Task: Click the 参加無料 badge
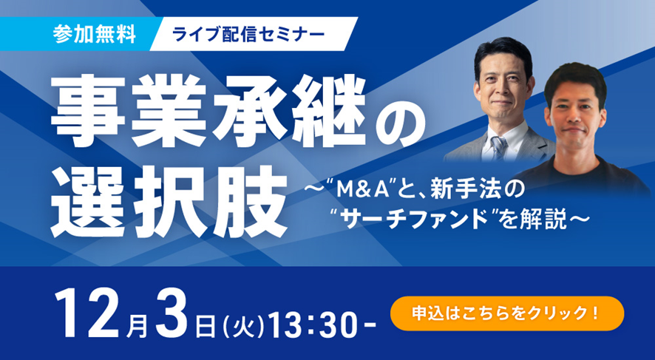pyautogui.click(x=95, y=34)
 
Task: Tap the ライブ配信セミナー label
pyautogui.click(x=248, y=34)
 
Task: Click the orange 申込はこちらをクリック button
pyautogui.click(x=506, y=313)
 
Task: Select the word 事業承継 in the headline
pyautogui.click(x=208, y=111)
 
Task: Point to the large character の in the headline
pyautogui.click(x=400, y=121)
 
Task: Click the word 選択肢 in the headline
pyautogui.click(x=169, y=201)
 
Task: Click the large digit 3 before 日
pyautogui.click(x=171, y=313)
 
